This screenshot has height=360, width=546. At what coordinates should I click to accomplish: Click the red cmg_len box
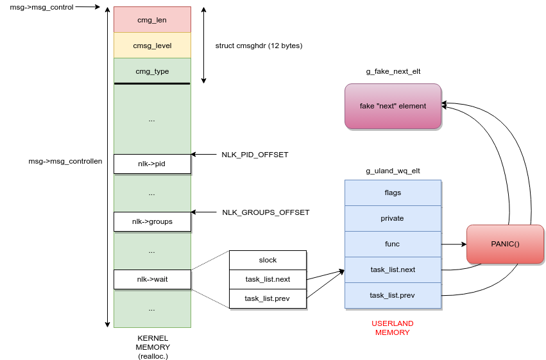point(152,20)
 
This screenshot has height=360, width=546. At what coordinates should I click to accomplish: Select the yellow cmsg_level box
point(152,46)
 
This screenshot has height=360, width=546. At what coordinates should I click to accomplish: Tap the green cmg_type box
point(152,71)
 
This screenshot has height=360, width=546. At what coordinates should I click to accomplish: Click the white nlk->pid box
point(152,164)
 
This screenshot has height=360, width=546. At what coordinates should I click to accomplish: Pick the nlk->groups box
point(152,221)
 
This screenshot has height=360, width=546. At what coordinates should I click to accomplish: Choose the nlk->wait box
point(152,279)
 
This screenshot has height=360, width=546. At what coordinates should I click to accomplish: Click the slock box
point(268,260)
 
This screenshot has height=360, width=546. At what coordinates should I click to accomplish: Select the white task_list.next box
point(268,279)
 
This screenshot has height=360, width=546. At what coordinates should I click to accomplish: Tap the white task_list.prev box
point(268,298)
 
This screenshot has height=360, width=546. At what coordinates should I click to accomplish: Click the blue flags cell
point(393,193)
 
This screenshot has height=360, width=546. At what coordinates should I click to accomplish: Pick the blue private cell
point(393,218)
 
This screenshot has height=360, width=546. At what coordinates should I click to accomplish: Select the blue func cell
point(393,244)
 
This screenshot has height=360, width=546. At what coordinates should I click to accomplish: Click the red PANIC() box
point(505,244)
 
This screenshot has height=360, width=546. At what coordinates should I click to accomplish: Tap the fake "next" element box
point(393,106)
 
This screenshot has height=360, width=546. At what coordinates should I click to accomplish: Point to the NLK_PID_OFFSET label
point(255,155)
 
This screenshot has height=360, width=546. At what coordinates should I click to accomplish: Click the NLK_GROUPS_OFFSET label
point(266,212)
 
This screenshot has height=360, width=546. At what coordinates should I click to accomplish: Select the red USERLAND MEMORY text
point(393,328)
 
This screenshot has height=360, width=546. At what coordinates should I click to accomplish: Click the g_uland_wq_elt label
point(393,171)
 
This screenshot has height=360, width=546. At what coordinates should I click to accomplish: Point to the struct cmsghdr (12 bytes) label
point(259,46)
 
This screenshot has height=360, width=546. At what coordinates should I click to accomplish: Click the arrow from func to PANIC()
point(453,244)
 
